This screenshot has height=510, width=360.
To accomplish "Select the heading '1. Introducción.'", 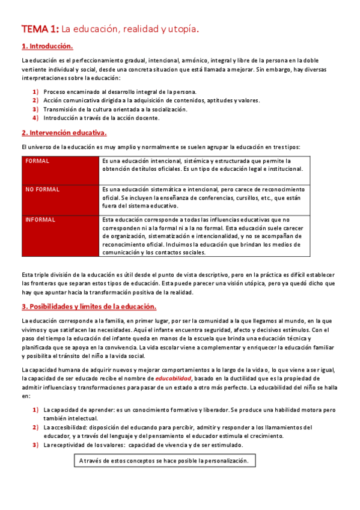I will click(47, 46).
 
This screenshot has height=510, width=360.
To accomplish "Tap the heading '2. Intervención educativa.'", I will click(64, 132).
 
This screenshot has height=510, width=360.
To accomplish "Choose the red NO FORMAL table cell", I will click(61, 199).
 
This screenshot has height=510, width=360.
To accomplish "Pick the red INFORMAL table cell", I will click(61, 236).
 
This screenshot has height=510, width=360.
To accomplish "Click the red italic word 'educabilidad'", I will click(173, 378).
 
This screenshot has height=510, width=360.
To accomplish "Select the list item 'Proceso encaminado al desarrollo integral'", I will click(120, 92).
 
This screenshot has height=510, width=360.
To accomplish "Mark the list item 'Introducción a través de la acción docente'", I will click(102, 118).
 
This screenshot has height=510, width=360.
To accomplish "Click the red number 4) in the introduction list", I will click(35, 118).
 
